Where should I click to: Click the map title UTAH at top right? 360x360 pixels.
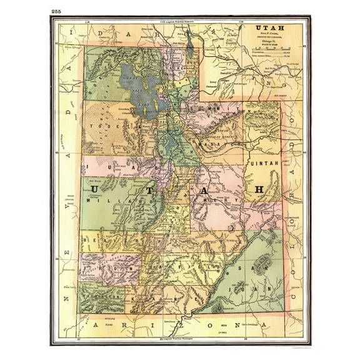266,29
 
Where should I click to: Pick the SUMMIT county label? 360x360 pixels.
215,110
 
